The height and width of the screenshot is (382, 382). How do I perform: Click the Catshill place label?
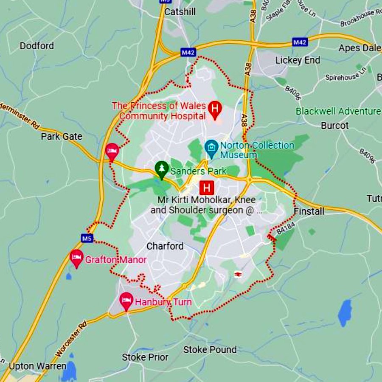[180, 11]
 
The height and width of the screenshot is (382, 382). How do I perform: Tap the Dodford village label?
[37, 46]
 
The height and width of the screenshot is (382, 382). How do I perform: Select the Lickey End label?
[298, 60]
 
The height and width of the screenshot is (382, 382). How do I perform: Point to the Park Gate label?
[62, 137]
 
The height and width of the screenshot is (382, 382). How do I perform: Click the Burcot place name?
[335, 126]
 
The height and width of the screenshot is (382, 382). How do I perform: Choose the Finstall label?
[309, 211]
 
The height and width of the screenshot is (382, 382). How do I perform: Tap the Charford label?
[165, 246]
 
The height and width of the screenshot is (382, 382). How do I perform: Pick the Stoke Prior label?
[145, 357]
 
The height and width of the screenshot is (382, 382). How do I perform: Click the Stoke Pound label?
[210, 350]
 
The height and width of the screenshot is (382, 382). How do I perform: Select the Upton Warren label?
[38, 366]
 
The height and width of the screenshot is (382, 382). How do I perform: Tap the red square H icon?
[207, 187]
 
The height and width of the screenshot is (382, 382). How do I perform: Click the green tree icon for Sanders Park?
[161, 169]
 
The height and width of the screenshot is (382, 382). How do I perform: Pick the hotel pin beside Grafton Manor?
[76, 257]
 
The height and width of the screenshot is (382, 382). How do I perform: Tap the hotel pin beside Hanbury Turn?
[126, 301]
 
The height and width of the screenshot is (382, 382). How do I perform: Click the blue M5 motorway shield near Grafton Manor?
[87, 238]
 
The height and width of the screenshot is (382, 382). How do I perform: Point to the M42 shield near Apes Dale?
[300, 42]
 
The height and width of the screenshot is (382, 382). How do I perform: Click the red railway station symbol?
[239, 275]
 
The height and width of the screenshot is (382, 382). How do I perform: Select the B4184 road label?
[286, 230]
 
